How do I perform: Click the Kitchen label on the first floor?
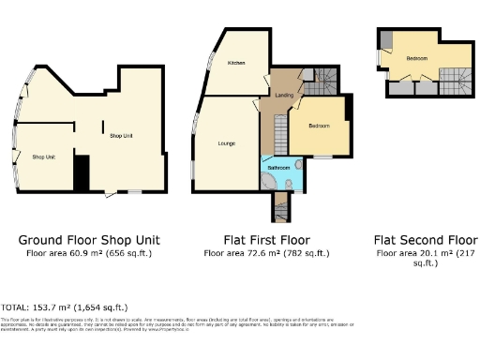(235, 63)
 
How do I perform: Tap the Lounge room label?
(226, 142)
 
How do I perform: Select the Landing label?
(283, 95)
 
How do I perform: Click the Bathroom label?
(278, 168)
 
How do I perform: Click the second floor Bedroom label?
(417, 59)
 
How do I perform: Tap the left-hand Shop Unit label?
(43, 157)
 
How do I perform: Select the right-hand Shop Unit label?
(121, 136)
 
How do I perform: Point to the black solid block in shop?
(82, 174)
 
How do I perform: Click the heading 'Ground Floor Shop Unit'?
(89, 239)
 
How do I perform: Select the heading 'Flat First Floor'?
(267, 239)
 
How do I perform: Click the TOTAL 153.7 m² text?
(66, 307)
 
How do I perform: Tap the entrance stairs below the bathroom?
(280, 205)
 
